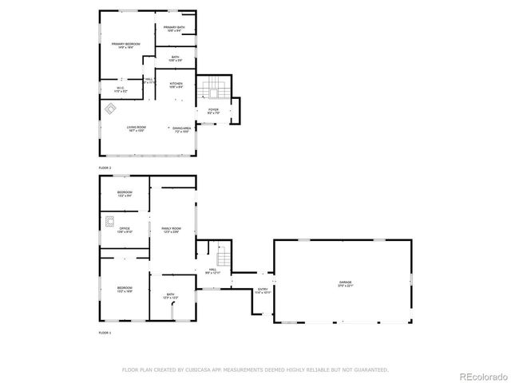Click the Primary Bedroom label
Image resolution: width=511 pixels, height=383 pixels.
click(x=126, y=45)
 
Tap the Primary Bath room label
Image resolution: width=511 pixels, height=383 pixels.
click(x=175, y=30)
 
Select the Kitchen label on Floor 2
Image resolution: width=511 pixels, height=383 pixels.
click(x=176, y=85)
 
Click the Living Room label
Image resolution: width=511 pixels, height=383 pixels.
click(x=137, y=128)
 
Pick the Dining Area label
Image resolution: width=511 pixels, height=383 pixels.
click(x=182, y=129)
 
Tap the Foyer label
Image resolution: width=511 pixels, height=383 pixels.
click(x=213, y=111)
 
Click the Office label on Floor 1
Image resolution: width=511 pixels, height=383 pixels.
click(x=125, y=230)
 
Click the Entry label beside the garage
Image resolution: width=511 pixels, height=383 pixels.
click(x=262, y=291)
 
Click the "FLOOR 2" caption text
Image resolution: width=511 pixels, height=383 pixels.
click(x=105, y=168)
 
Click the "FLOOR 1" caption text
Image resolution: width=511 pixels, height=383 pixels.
click(x=105, y=332)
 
